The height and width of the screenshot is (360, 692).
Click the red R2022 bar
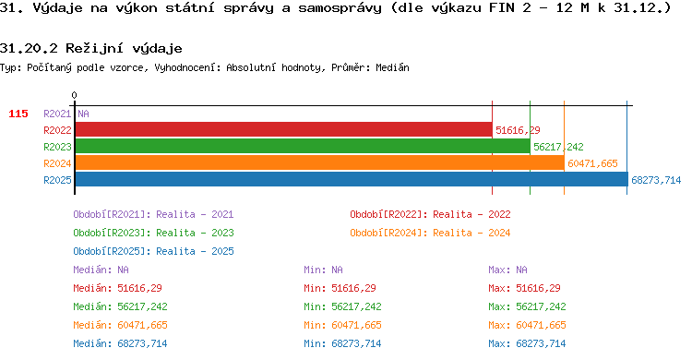coord(283,130)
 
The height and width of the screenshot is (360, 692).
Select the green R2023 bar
coord(303,146)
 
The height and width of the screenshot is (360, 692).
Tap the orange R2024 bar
coord(319,163)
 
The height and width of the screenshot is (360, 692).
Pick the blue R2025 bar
coord(352,179)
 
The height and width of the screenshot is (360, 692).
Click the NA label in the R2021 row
coord(83,114)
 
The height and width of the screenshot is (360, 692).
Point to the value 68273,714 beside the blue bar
coord(656,180)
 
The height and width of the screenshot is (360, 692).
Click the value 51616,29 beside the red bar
coord(518,130)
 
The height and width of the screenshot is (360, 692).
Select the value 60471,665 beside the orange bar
coord(592,164)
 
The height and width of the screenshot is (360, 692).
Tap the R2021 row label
coord(57,114)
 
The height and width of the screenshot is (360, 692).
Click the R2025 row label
coord(57,180)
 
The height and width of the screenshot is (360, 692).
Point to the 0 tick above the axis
coord(74,95)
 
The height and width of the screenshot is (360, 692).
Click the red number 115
coord(18,114)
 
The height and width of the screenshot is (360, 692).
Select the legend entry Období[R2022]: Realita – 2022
coord(430,215)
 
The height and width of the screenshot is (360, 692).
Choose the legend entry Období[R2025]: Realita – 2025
coord(153,251)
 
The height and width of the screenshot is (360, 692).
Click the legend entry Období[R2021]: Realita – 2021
coord(153,215)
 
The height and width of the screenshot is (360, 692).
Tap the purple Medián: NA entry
coord(101,270)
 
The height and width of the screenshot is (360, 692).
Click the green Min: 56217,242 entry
coord(342,306)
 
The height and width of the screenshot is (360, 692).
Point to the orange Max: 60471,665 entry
coord(527,325)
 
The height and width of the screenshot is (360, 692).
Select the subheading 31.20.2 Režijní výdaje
coord(91,48)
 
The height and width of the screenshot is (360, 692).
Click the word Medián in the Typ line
coord(392,67)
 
